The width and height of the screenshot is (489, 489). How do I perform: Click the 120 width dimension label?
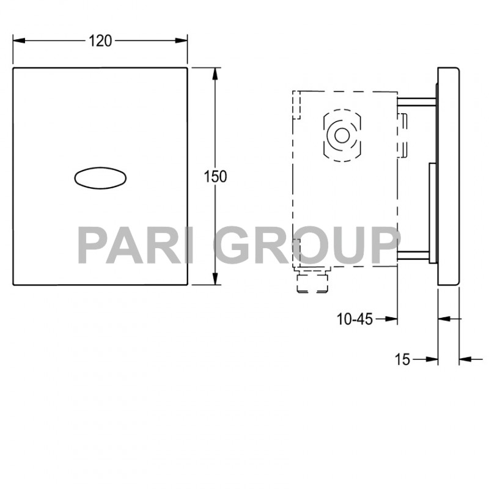coord(100,41)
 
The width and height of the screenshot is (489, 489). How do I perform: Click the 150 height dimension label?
coord(215,177)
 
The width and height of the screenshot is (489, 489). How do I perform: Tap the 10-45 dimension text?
coord(355,319)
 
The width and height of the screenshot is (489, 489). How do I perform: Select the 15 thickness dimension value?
coord(402,359)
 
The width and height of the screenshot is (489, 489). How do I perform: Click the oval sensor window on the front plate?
coord(101,177)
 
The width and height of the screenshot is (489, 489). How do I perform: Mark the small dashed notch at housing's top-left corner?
coord(298,105)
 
